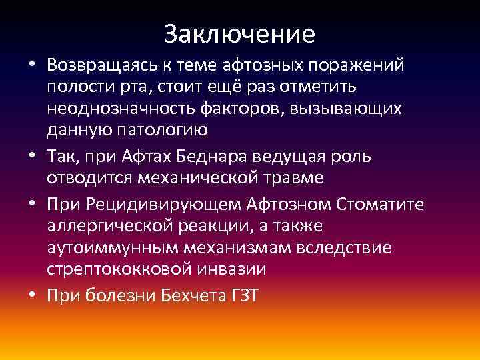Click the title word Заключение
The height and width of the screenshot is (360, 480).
click(x=239, y=33)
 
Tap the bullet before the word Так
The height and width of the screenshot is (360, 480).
click(x=33, y=158)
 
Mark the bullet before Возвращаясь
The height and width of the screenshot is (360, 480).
click(x=33, y=67)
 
